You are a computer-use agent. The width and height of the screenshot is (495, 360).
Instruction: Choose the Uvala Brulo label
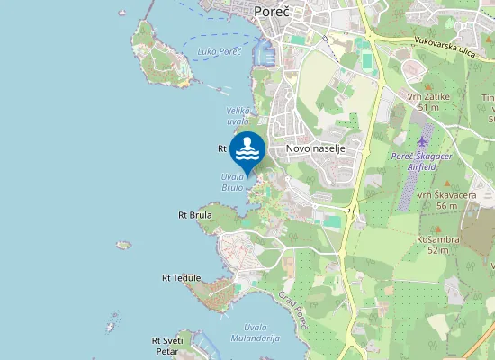point(232,183)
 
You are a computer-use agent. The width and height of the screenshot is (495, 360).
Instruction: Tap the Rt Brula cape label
point(194,215)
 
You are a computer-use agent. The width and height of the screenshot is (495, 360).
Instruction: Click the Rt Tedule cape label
point(181,278)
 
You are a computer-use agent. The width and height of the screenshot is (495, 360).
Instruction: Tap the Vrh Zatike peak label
point(440,96)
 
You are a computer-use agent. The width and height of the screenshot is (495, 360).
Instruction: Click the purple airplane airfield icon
point(423,141)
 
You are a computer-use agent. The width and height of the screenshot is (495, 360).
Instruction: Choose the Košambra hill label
point(438,239)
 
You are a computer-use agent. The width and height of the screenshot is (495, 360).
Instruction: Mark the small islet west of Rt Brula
point(123,244)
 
